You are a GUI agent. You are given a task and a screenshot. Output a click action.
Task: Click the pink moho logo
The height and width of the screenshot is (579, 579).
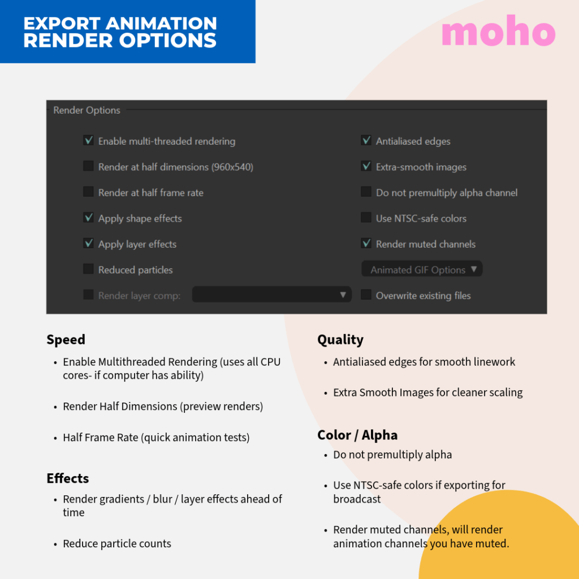[498, 33]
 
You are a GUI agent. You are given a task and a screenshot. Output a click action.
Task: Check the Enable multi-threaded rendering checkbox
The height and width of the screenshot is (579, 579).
[88, 140]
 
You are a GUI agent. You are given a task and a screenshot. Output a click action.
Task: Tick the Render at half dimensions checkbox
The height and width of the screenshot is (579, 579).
[88, 166]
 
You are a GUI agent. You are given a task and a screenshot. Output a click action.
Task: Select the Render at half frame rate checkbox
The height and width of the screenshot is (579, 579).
[88, 192]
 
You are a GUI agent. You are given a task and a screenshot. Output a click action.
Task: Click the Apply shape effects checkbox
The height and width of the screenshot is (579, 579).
[88, 218]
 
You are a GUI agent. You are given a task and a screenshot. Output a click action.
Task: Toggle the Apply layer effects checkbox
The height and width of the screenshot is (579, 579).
[88, 243]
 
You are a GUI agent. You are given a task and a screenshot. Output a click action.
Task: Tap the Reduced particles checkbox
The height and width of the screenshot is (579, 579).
[88, 269]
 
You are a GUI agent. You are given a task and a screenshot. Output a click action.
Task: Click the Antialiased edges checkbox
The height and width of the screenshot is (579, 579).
[366, 140]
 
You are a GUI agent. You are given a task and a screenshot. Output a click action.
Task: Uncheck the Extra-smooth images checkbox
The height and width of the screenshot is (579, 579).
[366, 166]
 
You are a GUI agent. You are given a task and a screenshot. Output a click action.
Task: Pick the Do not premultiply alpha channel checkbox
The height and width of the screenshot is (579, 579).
[366, 192]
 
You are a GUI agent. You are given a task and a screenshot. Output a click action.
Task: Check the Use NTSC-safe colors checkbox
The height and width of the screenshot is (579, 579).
[366, 218]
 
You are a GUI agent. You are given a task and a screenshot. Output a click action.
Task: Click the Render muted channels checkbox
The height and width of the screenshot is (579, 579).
[366, 243]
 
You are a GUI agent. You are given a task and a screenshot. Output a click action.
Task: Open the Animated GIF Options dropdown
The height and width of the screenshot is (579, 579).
[422, 270]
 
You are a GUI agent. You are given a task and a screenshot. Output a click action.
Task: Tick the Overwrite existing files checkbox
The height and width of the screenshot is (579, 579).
[366, 295]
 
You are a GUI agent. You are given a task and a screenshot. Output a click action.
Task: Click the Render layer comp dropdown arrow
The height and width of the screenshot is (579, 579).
[343, 295]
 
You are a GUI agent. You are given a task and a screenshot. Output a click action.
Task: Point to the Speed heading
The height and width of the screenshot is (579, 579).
[66, 340]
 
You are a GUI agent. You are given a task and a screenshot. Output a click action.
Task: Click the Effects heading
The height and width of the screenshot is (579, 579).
[68, 478]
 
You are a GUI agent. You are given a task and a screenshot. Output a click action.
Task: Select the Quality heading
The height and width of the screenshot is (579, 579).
[340, 340]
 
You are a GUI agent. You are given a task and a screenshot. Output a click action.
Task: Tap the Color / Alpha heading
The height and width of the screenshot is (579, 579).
[357, 435]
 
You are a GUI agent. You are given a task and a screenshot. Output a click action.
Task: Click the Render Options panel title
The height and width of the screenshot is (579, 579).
[87, 110]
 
